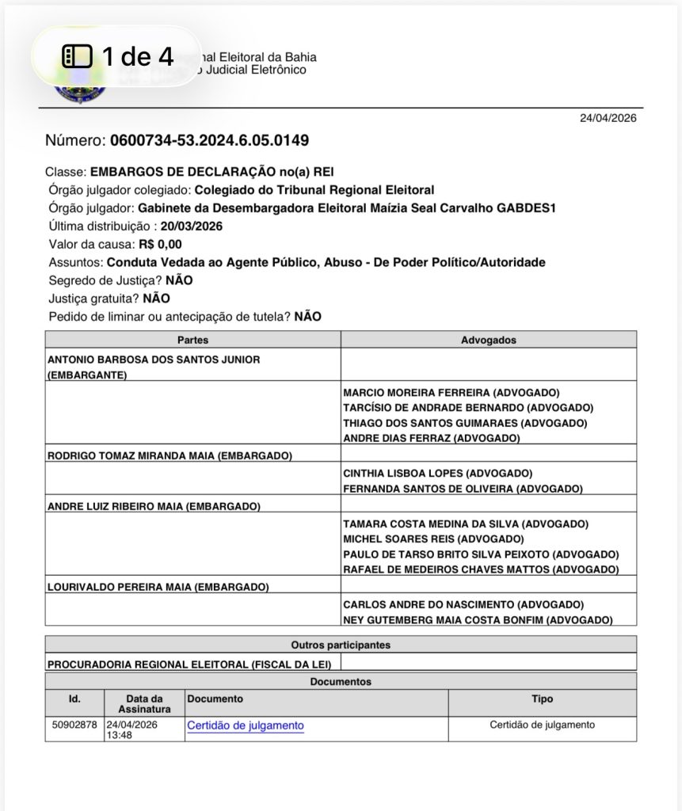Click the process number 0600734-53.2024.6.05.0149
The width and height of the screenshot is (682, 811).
click(209, 141)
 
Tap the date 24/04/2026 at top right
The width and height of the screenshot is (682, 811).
click(608, 118)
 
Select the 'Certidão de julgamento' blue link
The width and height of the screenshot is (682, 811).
click(245, 725)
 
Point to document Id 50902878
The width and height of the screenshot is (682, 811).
click(74, 725)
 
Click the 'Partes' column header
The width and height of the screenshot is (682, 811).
click(192, 340)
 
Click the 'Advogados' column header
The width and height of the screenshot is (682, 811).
click(488, 340)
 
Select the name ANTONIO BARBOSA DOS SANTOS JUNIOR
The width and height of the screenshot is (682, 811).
click(154, 359)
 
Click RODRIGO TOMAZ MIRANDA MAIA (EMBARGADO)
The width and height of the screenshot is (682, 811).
click(170, 455)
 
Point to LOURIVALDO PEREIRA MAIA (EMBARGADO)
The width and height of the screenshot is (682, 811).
click(158, 587)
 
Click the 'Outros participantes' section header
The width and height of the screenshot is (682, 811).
click(340, 645)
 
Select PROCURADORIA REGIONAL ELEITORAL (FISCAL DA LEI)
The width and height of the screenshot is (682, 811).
click(189, 664)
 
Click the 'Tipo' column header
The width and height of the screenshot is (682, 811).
click(542, 699)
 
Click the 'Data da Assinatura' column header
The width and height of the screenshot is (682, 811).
click(145, 703)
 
